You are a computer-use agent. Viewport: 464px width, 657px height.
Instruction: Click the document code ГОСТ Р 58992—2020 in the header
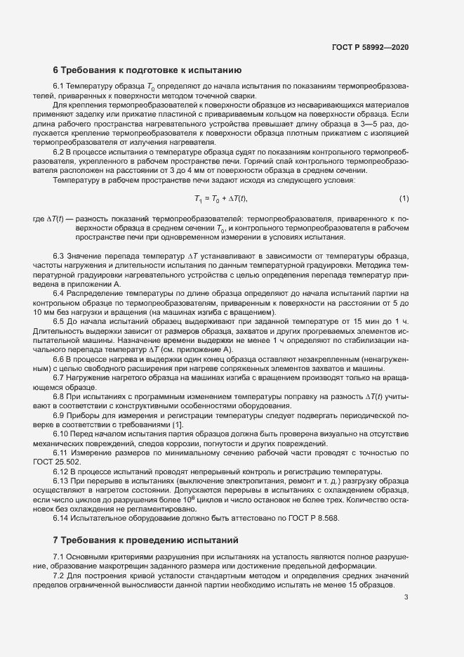(370, 47)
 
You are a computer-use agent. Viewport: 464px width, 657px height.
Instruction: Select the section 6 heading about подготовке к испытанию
(147, 70)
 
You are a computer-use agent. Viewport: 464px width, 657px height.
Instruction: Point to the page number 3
(406, 597)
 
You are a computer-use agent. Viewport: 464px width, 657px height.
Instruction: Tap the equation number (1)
(404, 199)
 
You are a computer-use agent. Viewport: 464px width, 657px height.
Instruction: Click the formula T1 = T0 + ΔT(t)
(221, 199)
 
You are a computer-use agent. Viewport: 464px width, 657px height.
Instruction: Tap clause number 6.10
(61, 434)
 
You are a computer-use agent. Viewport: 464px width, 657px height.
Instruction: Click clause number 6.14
(61, 517)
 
